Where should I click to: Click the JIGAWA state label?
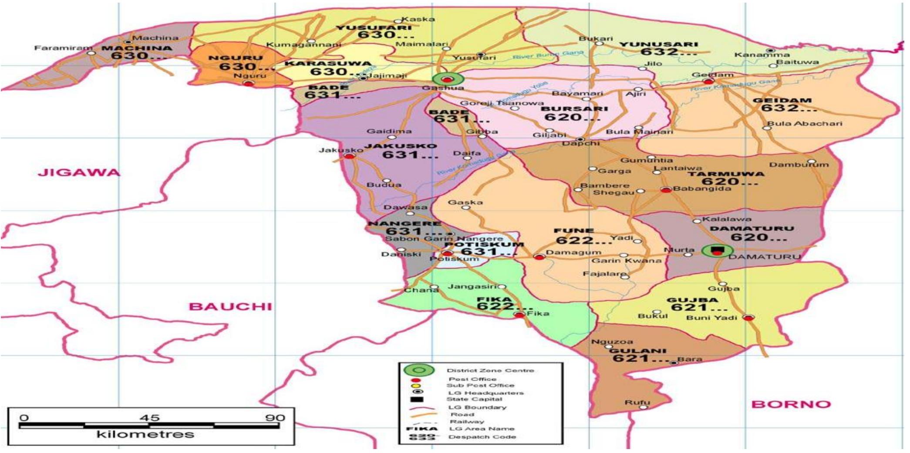(79, 173)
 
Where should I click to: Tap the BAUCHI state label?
(230, 307)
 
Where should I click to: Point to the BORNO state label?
(791, 404)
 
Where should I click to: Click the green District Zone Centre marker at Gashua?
(447, 79)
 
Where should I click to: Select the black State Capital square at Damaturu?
(717, 249)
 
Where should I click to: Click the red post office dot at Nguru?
(248, 83)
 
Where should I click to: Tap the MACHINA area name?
(137, 48)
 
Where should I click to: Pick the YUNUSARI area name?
(658, 44)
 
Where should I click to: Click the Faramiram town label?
(64, 48)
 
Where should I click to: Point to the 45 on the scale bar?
(149, 418)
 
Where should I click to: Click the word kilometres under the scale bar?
(145, 434)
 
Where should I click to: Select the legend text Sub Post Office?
(480, 385)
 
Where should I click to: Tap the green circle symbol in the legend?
(418, 371)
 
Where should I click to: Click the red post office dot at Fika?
(519, 314)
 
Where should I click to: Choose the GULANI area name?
(637, 351)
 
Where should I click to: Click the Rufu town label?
(637, 402)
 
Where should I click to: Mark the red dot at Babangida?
(666, 190)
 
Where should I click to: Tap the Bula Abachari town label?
(805, 123)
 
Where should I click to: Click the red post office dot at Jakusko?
(350, 156)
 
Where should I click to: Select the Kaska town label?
(418, 19)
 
